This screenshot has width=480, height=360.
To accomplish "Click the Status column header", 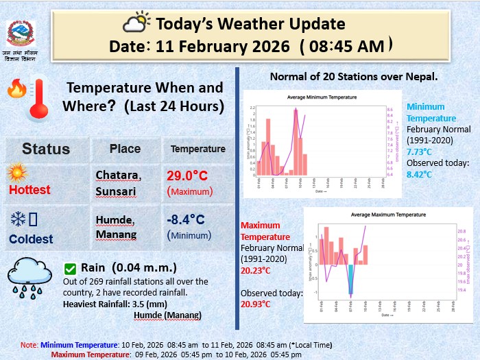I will pos(46,149).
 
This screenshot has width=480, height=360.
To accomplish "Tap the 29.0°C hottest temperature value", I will pos(186,176).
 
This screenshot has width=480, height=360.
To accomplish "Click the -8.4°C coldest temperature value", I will pos(186,219).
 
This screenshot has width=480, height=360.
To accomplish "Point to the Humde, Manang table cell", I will pos(115,227).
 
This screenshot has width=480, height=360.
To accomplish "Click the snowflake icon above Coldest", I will pos(18,219).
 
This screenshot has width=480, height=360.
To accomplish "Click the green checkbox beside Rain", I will pos(70,268).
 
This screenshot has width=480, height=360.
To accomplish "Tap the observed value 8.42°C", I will pos(420,174).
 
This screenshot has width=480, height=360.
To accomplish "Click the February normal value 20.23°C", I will pos(255,270).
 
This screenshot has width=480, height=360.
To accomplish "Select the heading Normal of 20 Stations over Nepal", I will pos(354,75).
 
